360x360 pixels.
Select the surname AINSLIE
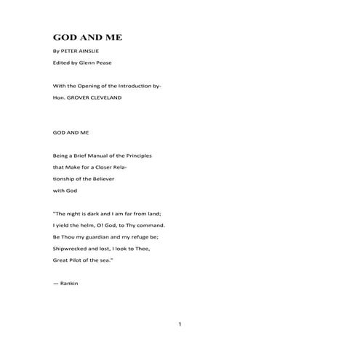click(97, 53)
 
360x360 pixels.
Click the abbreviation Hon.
click(60, 96)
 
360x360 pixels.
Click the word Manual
click(100, 156)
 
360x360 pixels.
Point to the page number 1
click(180, 324)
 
